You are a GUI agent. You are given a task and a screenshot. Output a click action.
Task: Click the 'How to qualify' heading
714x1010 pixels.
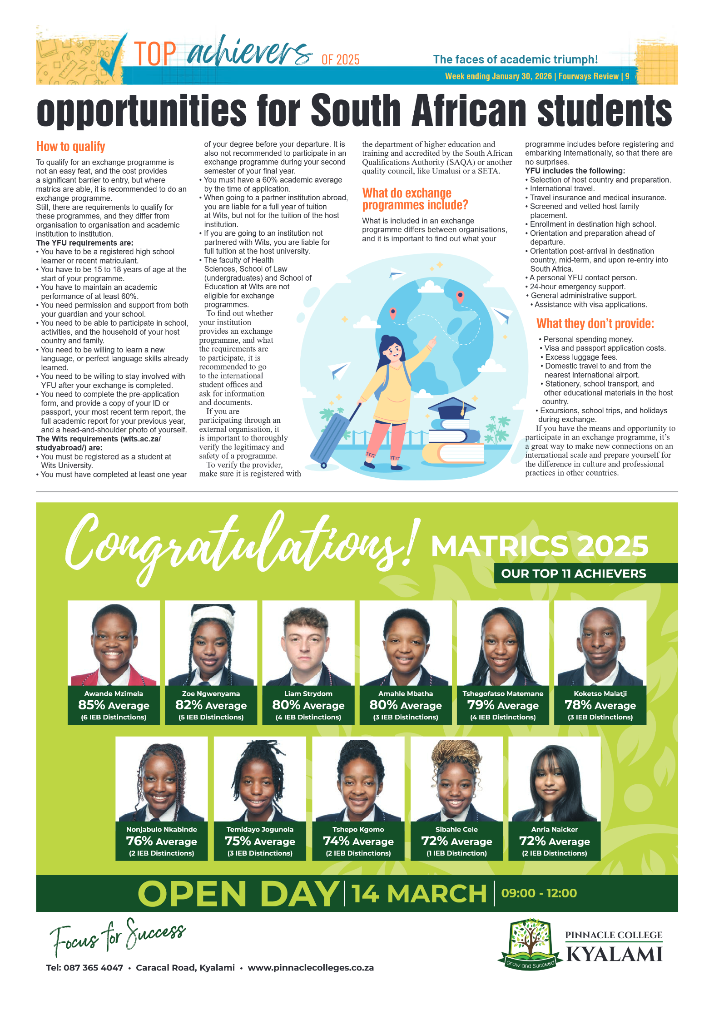71,147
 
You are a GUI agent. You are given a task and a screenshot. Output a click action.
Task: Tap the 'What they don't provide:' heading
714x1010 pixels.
595,323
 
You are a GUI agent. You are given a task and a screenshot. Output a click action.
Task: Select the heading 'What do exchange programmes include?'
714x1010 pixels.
415,199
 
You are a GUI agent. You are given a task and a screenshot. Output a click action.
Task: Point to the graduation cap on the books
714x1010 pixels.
451,406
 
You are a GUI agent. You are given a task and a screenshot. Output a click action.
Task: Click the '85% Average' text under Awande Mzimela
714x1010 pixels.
114,705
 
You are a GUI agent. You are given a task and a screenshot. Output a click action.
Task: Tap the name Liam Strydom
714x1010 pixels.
308,693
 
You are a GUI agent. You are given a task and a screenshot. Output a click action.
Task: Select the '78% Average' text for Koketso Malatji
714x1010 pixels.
600,705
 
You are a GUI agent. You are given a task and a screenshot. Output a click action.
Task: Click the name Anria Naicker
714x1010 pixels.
554,829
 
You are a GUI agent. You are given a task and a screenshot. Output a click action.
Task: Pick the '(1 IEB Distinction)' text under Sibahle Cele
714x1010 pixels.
456,853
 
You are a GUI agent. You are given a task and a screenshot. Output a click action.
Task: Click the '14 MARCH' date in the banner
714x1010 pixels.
419,893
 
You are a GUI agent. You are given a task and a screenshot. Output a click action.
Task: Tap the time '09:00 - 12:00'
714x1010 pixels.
539,893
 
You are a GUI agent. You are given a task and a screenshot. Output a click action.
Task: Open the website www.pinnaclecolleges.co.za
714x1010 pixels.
311,967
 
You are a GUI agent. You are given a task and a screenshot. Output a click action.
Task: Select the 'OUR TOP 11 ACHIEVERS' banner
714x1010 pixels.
573,573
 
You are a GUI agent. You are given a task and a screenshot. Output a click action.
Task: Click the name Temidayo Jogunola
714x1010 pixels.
260,829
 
